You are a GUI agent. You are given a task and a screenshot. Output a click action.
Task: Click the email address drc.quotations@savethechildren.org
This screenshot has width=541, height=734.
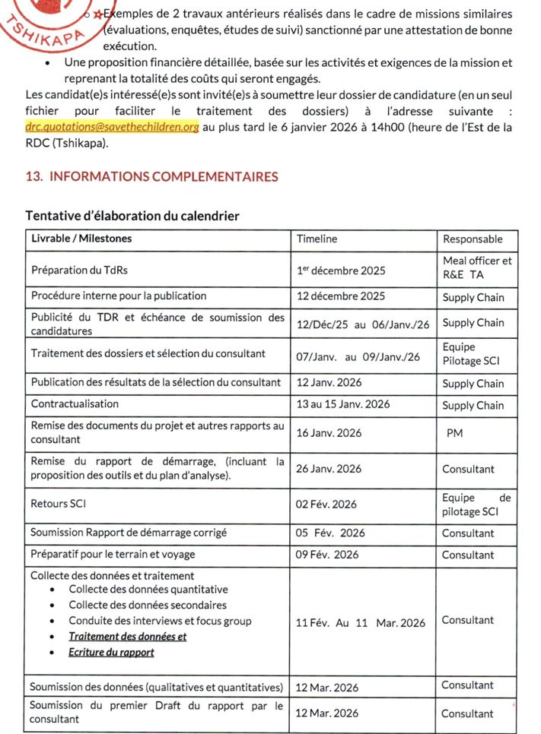coord(112,128)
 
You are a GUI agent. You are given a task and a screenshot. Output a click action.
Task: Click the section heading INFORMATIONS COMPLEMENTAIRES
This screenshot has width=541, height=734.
coord(152,177)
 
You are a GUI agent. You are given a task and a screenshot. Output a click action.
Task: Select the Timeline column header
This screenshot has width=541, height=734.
coord(317,239)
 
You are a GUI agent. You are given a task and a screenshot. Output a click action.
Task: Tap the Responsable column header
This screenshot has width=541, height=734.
coord(473,239)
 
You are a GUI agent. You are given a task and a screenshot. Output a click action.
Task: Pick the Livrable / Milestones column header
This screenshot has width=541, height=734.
coord(81,239)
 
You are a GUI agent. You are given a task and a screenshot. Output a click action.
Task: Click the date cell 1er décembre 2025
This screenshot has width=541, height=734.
coord(341,271)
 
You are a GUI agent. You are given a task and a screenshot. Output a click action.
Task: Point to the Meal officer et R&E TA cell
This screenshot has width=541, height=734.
coord(477,267)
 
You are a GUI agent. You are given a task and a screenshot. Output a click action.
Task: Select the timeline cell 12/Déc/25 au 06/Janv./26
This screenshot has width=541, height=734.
coord(363,324)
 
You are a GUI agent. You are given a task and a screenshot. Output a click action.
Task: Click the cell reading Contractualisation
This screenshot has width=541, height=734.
coord(75,404)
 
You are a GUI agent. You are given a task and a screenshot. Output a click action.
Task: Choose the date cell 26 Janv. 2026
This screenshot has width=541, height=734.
coord(329,469)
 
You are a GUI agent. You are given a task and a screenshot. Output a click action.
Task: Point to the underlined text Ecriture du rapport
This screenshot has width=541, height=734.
coord(111,653)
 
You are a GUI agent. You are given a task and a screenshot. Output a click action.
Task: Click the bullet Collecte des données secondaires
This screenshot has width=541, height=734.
coord(148,606)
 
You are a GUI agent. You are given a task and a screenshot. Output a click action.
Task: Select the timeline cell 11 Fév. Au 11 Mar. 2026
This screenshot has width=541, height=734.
coord(361,622)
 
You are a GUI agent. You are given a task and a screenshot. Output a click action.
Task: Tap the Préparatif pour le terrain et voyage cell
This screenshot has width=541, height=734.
coord(113,555)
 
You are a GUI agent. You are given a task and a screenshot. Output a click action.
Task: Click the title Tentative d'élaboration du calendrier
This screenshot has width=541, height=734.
coord(132,216)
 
